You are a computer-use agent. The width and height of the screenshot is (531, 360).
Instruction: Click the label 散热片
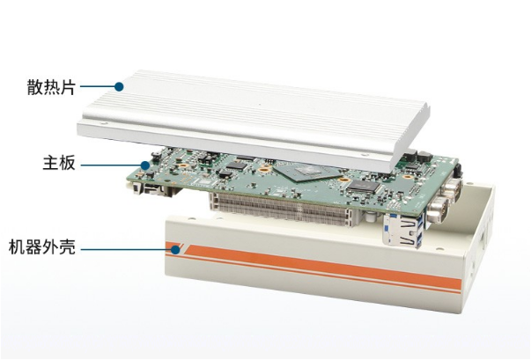coord(51,87)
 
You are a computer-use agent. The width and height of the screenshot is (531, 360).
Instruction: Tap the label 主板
coord(59,163)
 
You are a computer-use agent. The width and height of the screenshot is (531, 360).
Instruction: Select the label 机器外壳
coord(42,247)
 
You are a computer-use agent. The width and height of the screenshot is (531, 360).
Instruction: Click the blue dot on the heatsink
coord(119,86)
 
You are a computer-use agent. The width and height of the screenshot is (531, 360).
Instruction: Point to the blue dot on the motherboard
coord(145,165)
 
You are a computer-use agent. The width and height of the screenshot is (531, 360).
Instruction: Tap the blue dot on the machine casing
coord(175,250)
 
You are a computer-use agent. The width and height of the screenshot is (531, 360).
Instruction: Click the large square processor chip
coord(307,171)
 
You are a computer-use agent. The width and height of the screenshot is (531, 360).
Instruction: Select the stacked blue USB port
coord(403,231)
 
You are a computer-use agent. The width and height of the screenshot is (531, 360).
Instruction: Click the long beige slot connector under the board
coord(280,209)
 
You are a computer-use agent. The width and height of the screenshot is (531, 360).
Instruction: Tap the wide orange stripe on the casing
coord(322,267)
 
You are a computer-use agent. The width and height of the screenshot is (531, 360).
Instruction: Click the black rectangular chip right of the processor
coord(363,187)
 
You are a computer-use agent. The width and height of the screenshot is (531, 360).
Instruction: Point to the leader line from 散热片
coord(97,86)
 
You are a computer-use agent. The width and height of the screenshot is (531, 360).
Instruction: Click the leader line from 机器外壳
coord(126,250)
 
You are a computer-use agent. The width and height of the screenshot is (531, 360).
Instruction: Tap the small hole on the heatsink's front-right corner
coord(365,155)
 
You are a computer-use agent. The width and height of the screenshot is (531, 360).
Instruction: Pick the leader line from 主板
coord(111,165)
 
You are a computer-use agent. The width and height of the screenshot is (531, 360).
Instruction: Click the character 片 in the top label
coord(68,87)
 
